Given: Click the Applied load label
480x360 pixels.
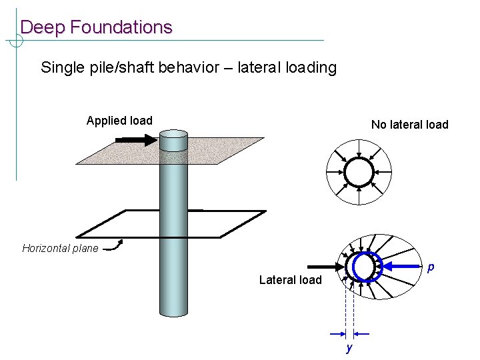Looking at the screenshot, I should (119, 121).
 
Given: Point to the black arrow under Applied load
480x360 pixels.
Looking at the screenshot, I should (135, 140).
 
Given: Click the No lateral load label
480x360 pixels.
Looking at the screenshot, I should (409, 125).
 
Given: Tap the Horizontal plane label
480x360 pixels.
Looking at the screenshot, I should (60, 249).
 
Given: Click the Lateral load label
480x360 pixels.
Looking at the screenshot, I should (290, 280).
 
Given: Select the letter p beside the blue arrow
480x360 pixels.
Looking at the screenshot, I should (431, 267).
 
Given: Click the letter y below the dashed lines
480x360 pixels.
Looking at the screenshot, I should (348, 348).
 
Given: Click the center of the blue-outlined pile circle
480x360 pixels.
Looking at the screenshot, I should (364, 267).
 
